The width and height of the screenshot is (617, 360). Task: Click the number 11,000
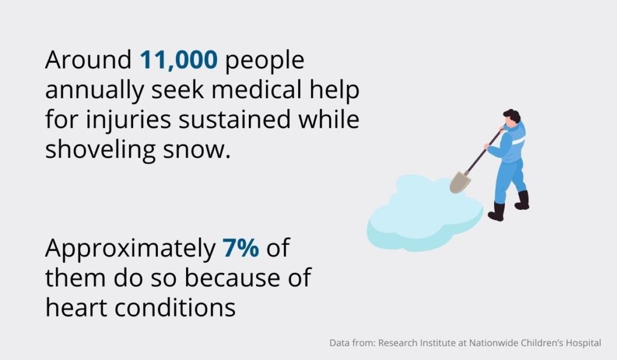coord(178,60)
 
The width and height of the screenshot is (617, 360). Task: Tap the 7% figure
coord(241,248)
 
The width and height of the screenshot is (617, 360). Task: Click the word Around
coord(89,60)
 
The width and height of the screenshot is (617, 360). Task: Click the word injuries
coord(128,120)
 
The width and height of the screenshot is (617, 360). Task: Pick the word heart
coord(77,308)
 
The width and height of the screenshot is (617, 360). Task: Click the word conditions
coord(175,308)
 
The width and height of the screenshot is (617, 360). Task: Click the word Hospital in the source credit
coord(583,344)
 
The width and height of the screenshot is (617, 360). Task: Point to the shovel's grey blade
coord(460,182)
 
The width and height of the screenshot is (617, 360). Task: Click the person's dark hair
coord(512,115)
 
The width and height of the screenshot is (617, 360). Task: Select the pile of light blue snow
coord(425,213)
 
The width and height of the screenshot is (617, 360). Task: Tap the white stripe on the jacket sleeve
coord(519,141)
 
